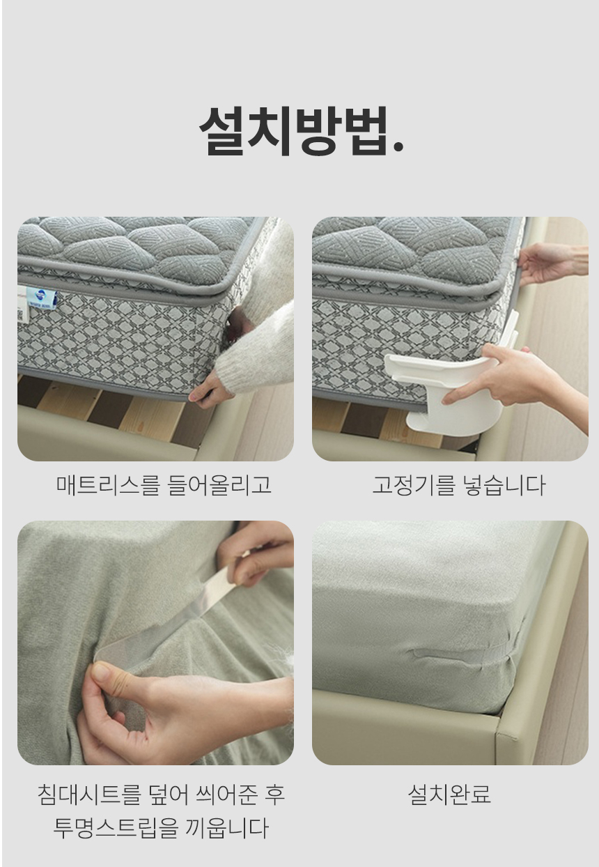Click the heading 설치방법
301,130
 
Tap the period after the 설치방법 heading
398,146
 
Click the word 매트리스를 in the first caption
108,484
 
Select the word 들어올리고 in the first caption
219,484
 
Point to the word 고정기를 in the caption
413,484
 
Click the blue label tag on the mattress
42,298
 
